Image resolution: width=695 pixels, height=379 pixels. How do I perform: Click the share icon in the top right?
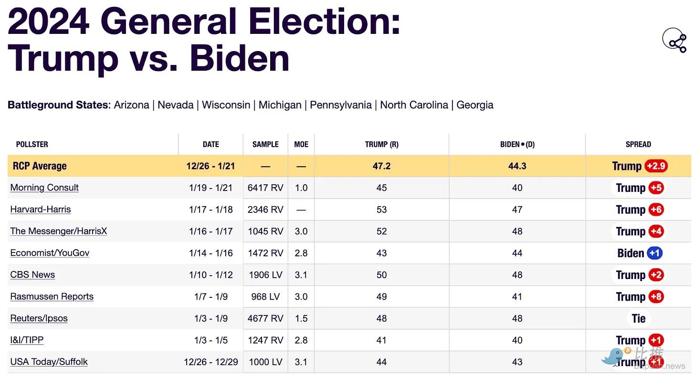point(674,40)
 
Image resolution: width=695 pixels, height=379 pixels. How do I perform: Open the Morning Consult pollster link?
point(44,188)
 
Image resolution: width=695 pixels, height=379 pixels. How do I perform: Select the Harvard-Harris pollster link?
point(41,210)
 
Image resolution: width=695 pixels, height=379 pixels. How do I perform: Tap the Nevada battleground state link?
point(175,105)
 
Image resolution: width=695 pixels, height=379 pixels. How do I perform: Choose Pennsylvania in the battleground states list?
point(340,105)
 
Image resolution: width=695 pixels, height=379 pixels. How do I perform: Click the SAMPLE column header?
point(265,144)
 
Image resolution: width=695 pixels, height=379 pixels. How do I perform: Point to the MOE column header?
point(301,144)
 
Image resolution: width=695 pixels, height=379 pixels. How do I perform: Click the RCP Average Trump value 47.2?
point(381,166)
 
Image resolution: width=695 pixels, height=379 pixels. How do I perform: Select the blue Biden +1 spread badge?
point(654,253)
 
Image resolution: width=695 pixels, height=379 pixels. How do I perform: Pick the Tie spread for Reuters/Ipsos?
point(638,318)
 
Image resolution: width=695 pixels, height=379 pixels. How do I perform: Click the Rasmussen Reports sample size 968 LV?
point(265,296)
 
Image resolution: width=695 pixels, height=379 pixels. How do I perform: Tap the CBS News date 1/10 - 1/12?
point(211,275)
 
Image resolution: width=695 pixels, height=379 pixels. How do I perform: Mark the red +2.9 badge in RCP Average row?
point(656,166)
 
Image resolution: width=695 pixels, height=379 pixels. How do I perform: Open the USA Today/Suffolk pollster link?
point(49,362)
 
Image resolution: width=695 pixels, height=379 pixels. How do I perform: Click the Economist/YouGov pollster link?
point(50,253)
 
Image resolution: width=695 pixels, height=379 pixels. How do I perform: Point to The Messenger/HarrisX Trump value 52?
point(381,231)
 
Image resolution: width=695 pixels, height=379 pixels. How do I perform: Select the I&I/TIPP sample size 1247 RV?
point(265,340)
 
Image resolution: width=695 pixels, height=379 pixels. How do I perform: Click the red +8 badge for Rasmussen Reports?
point(656,296)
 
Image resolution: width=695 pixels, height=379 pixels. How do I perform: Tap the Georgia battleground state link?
point(474,105)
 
